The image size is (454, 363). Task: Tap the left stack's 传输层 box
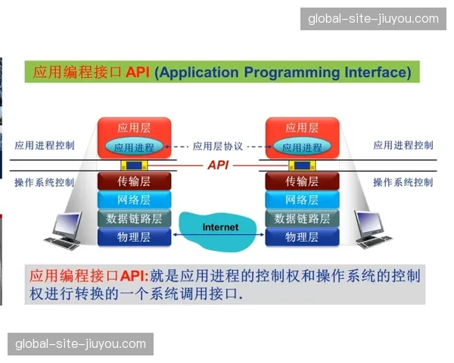pos(134,181)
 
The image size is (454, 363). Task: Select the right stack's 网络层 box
pos(302,200)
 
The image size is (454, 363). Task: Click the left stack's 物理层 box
pos(134,237)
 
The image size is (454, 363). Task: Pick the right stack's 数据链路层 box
pos(302,219)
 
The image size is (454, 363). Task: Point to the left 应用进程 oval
pos(134,147)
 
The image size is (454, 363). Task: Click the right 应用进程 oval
pos(302,147)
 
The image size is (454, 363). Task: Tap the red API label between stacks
pos(218,165)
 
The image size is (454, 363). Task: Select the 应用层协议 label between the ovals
pos(218,147)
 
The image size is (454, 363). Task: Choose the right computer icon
pos(374,231)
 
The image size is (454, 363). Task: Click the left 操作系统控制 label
pos(45,182)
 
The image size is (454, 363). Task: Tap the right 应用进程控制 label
pos(403,145)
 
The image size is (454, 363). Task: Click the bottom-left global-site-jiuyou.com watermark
pos(81,344)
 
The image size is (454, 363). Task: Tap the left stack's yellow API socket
pos(134,165)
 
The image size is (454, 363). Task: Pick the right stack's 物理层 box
pos(302,237)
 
